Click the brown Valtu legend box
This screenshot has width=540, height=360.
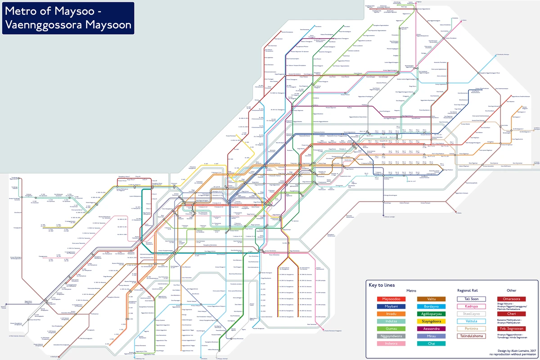[432, 299]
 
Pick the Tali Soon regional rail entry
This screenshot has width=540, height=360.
[471, 299]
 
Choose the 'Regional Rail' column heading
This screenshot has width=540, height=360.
[471, 291]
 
